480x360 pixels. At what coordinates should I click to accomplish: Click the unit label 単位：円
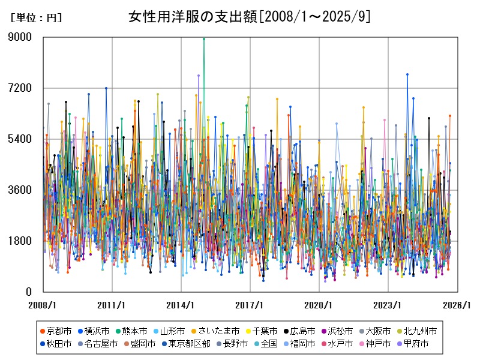tap(36, 18)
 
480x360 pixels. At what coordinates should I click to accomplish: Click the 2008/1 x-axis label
tap(43, 305)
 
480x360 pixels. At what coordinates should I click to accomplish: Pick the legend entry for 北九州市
tap(419, 331)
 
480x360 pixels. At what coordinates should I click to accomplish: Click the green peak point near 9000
tap(204, 38)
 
